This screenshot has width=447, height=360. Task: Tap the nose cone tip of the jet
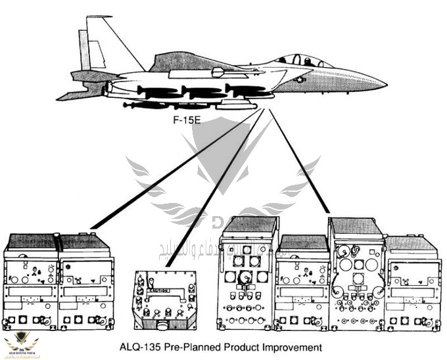(385, 85)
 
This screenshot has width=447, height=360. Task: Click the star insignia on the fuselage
(299, 79)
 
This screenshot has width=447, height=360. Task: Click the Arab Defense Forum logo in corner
(22, 343)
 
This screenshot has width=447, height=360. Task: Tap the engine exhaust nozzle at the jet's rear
(108, 86)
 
